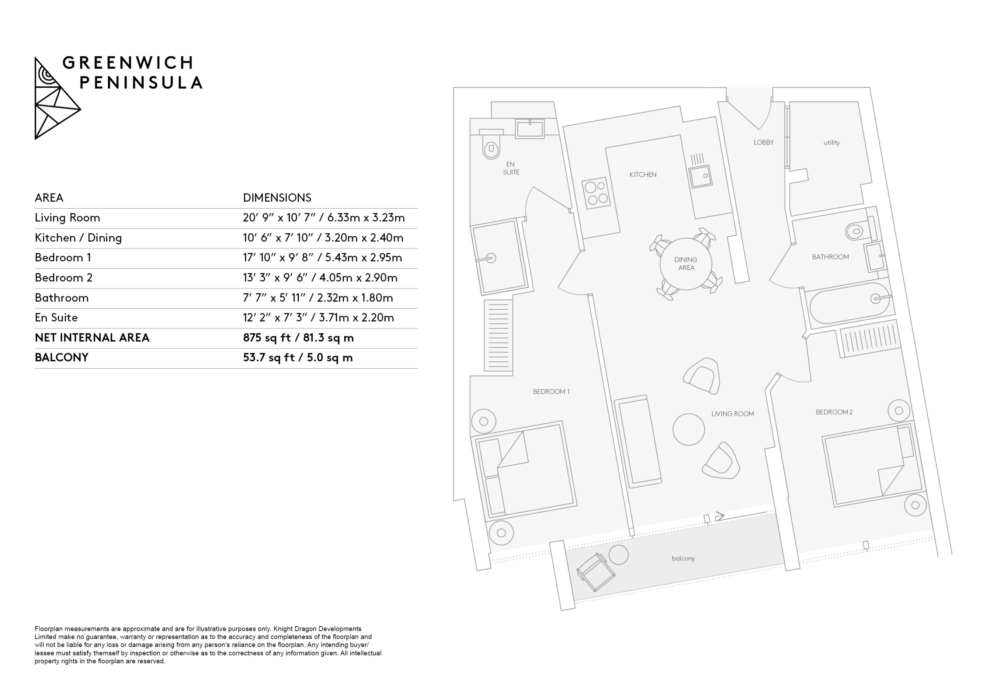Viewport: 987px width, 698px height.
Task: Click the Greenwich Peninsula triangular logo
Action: [57, 98]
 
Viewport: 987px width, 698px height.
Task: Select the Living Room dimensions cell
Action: [324, 217]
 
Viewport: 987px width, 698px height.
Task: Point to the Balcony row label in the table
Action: [61, 357]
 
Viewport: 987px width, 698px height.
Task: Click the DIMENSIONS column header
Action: [277, 198]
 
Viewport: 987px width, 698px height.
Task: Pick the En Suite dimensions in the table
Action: [318, 318]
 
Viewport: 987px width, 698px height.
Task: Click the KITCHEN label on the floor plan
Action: [643, 175]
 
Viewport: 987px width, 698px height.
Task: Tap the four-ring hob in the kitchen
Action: [596, 193]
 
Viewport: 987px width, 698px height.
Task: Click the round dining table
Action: [686, 264]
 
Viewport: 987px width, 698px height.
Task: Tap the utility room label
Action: [831, 143]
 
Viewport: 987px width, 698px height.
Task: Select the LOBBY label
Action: [763, 142]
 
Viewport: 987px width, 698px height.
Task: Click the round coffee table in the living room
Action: [689, 429]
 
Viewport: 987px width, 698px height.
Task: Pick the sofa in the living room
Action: [638, 441]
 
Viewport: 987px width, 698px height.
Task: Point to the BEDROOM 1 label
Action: [551, 392]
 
